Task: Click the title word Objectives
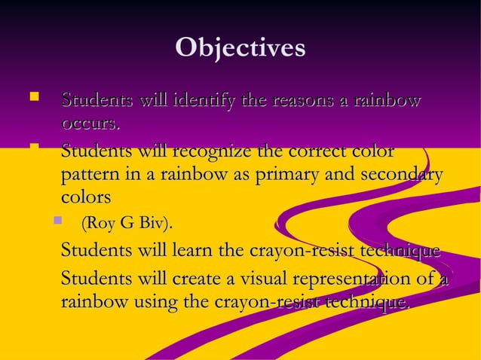click(240, 47)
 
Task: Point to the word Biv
click(155, 224)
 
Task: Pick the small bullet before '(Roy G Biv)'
click(57, 221)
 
